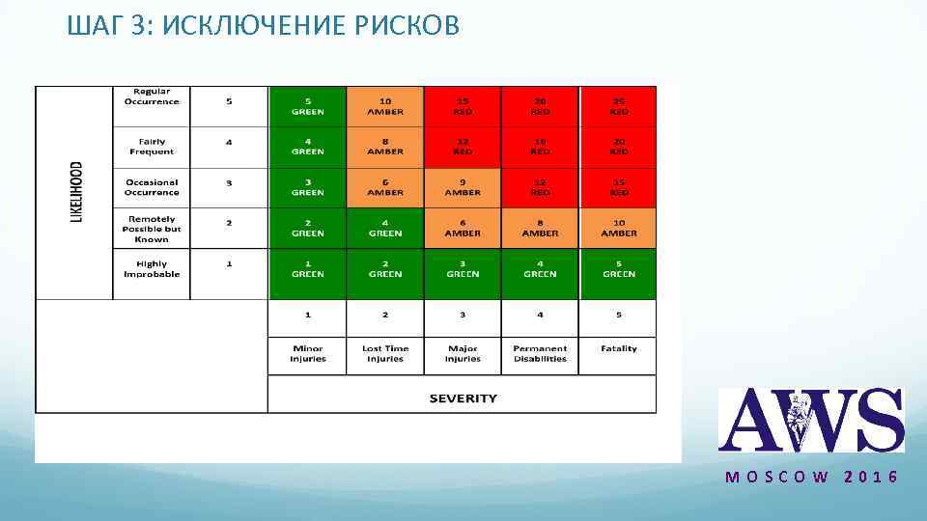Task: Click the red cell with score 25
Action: tap(618, 106)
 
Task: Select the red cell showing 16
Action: tap(540, 147)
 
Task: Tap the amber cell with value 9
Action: tap(463, 187)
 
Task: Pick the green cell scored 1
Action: tap(307, 269)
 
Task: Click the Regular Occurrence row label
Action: tap(152, 96)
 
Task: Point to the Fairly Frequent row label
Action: tap(152, 147)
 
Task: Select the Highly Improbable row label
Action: tap(152, 269)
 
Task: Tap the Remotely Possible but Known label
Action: tap(152, 229)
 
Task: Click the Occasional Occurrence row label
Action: tap(152, 187)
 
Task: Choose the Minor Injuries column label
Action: tap(307, 354)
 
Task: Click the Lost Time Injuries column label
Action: tap(385, 354)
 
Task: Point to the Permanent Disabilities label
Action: tap(540, 354)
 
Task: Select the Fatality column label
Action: tap(618, 349)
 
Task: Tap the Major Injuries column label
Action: tap(463, 354)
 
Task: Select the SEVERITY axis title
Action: tap(463, 398)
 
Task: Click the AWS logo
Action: tap(811, 420)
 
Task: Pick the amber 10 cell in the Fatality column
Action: tap(618, 228)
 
